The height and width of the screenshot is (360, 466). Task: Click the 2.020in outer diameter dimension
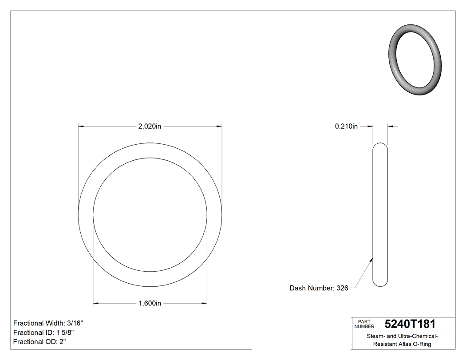tap(150, 126)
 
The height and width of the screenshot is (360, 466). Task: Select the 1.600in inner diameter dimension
tap(150, 304)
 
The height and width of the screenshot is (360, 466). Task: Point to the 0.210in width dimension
tap(346, 126)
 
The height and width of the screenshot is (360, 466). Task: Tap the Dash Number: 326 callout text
tap(319, 288)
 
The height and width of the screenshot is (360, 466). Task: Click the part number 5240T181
tap(410, 324)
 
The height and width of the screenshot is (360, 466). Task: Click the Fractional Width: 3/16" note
tap(48, 323)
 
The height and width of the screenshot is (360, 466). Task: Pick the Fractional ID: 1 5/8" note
tap(43, 332)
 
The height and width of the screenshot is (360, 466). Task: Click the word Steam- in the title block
tap(375, 336)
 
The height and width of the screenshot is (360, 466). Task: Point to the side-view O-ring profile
tap(380, 214)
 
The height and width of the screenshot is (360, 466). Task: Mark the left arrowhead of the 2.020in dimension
tap(81, 126)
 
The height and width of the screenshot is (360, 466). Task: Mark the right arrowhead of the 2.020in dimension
tap(219, 126)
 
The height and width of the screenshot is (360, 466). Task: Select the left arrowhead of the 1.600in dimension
tap(95, 304)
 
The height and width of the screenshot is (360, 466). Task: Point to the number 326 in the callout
tap(342, 288)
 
